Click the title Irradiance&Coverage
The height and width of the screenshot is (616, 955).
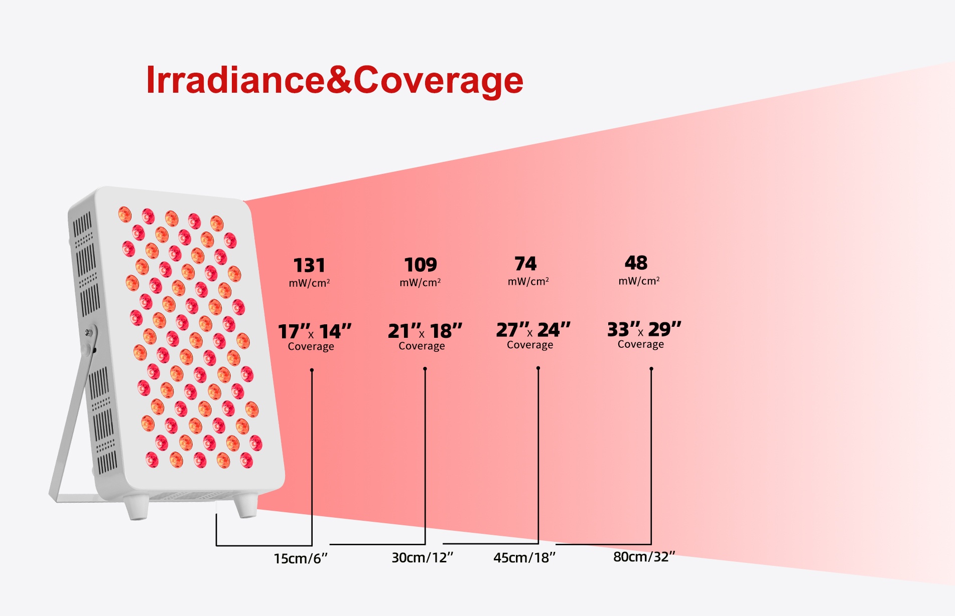click(x=335, y=80)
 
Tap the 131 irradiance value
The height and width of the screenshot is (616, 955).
click(x=309, y=265)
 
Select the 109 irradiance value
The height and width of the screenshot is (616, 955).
click(x=421, y=265)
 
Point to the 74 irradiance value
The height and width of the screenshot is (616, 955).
click(x=525, y=264)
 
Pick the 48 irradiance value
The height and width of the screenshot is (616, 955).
click(x=636, y=263)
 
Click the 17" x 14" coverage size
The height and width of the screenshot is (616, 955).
click(x=315, y=331)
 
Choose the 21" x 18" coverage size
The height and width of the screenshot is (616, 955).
click(x=425, y=331)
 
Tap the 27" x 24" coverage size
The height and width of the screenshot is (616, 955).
click(x=533, y=330)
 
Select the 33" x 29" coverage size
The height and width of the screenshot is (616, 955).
click(x=644, y=329)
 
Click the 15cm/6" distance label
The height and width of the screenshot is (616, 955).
click(x=301, y=558)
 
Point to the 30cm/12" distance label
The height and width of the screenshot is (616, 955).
click(x=423, y=557)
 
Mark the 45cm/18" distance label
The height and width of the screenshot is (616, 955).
click(x=524, y=557)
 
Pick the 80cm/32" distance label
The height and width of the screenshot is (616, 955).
click(x=644, y=557)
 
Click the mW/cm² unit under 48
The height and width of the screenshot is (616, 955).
click(x=639, y=281)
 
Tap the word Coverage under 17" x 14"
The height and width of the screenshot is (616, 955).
click(x=311, y=346)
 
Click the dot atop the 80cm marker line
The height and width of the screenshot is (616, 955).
click(x=651, y=369)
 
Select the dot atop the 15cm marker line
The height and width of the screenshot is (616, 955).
click(x=312, y=370)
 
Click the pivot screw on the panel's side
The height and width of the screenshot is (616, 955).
click(x=89, y=332)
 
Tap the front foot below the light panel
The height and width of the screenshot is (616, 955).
click(x=246, y=505)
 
